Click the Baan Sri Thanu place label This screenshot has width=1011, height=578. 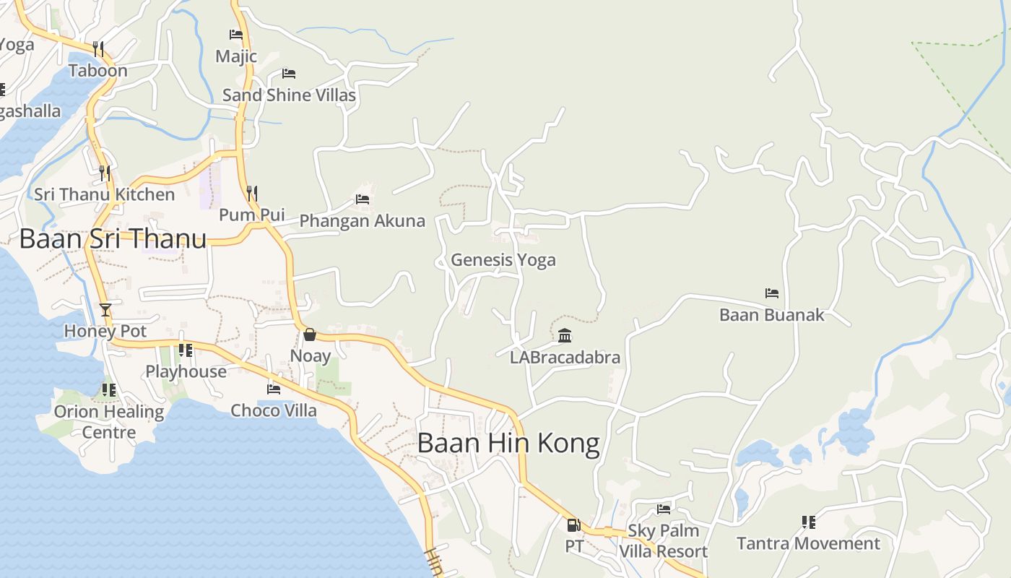(113, 238)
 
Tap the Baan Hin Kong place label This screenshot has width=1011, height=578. (508, 443)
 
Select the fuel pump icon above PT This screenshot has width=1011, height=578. (573, 525)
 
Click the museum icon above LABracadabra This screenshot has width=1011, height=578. (565, 335)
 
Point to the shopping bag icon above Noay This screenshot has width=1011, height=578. (310, 335)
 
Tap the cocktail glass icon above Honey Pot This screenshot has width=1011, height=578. (105, 310)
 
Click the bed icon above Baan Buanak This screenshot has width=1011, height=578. (772, 293)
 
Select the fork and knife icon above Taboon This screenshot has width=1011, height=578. (98, 49)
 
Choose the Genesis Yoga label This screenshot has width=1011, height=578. (503, 260)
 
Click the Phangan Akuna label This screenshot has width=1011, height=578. (362, 221)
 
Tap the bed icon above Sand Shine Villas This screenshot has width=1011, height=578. (289, 74)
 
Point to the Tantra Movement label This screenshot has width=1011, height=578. (808, 543)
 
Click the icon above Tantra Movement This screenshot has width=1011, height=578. (809, 522)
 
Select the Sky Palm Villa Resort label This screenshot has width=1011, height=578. (663, 541)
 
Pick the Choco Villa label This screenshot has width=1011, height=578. (274, 410)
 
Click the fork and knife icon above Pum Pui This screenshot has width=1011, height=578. (252, 193)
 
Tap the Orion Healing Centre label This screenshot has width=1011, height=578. (109, 422)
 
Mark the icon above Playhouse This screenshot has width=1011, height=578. (186, 350)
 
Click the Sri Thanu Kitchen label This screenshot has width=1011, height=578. (105, 194)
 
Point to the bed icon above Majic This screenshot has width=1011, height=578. (236, 34)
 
